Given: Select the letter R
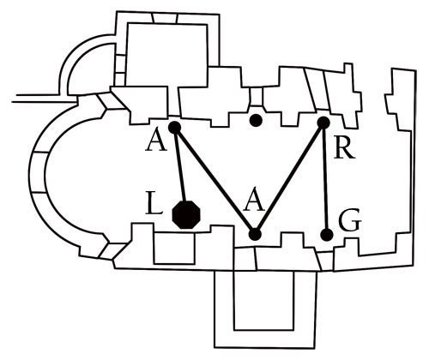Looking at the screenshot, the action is [345, 149].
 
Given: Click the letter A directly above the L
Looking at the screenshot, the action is [156, 142].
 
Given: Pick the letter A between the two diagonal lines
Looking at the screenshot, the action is [254, 201].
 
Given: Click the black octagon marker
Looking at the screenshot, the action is [187, 215].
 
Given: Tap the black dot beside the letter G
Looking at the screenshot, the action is [327, 235].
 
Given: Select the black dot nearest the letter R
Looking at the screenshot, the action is [323, 123].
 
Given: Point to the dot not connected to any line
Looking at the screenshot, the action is [256, 120].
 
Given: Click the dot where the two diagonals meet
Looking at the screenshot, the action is [255, 234].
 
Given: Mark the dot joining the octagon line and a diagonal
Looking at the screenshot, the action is [174, 128].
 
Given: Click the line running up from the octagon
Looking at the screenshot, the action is [180, 165].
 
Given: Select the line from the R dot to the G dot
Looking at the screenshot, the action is [325, 178].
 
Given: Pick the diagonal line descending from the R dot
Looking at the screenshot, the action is [289, 178].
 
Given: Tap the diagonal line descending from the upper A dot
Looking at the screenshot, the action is [214, 181].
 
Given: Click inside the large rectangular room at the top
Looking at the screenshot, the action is [167, 54].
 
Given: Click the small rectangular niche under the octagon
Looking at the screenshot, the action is [174, 248].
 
